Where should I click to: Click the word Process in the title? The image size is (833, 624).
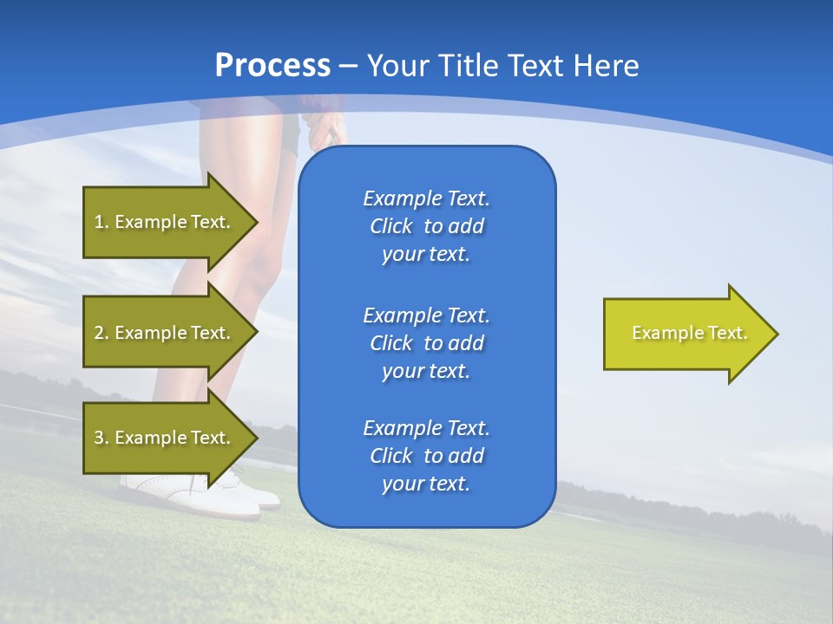(272, 66)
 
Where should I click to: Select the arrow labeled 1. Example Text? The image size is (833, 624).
(161, 222)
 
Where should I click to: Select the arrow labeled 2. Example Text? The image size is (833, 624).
(161, 333)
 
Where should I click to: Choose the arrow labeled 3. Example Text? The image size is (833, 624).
(161, 438)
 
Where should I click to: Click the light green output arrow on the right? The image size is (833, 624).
(685, 334)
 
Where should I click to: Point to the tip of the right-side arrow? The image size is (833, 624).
(777, 334)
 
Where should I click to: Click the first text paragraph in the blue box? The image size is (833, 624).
(426, 226)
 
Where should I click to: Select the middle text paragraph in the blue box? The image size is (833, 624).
(426, 343)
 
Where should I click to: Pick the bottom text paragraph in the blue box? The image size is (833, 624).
(426, 456)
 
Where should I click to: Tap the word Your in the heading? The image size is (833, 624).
(397, 66)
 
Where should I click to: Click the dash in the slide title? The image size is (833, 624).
(349, 66)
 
